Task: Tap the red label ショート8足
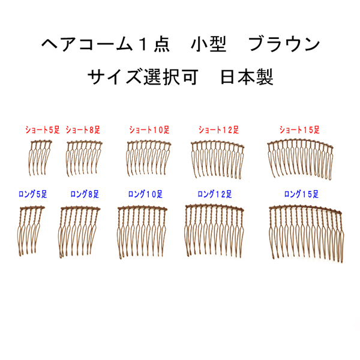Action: pos(83,129)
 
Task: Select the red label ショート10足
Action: pos(149,129)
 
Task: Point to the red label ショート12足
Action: pos(218,129)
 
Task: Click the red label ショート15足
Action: pos(299,129)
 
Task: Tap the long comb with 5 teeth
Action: pos(34,231)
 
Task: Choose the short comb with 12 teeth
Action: pos(217,158)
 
